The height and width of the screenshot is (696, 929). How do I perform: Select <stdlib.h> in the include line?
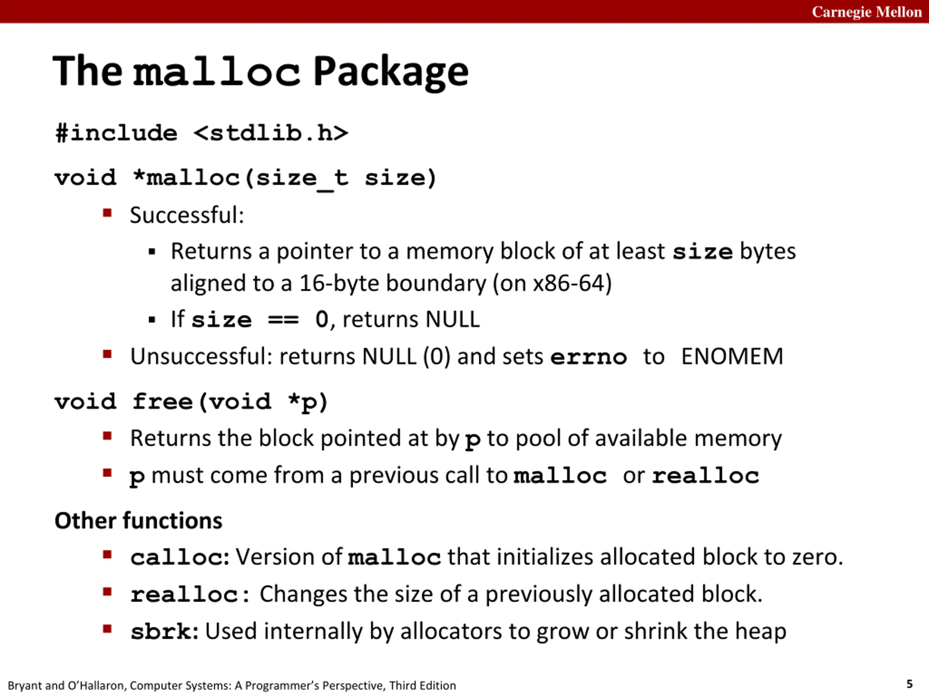[x=271, y=133]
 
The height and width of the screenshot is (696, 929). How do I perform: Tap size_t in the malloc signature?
[x=302, y=178]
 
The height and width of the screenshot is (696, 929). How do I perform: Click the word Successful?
[x=187, y=215]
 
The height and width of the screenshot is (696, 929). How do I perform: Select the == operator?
[x=283, y=320]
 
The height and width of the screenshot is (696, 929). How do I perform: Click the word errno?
[x=588, y=357]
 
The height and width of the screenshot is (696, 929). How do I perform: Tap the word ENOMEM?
[x=732, y=357]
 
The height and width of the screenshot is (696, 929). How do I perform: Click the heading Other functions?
[x=138, y=521]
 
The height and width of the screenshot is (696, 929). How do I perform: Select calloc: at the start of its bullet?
[x=180, y=558]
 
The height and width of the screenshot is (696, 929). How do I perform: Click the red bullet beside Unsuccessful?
[x=107, y=355]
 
